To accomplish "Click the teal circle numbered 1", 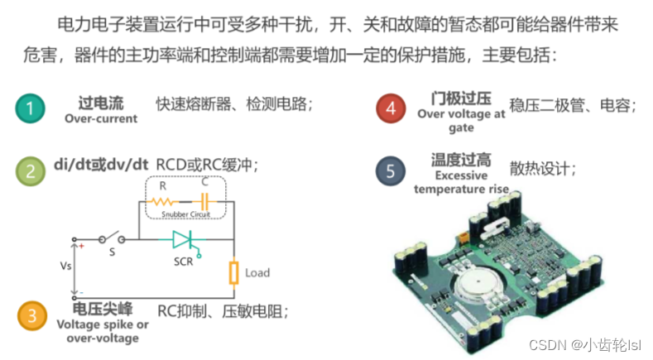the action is click(x=31, y=108).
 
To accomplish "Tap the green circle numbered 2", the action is click(x=31, y=171).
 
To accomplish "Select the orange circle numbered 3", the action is click(x=32, y=316).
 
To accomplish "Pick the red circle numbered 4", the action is click(x=391, y=108).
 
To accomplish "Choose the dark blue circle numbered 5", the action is click(x=390, y=170).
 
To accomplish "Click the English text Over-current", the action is click(x=101, y=118).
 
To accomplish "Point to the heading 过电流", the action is click(x=101, y=103).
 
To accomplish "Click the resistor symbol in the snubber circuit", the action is click(x=162, y=202).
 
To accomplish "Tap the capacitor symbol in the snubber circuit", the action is click(x=204, y=202).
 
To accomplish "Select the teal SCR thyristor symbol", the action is click(x=185, y=242).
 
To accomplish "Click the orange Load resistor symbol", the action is click(x=234, y=273).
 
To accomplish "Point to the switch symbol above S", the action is click(x=112, y=238).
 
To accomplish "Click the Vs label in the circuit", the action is click(x=66, y=266).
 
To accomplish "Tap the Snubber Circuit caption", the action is click(x=185, y=214).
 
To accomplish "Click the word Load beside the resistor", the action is click(x=257, y=273).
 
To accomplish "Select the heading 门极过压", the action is click(x=461, y=98).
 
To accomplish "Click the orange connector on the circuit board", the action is click(x=463, y=238).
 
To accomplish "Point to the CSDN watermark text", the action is click(x=585, y=345).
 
